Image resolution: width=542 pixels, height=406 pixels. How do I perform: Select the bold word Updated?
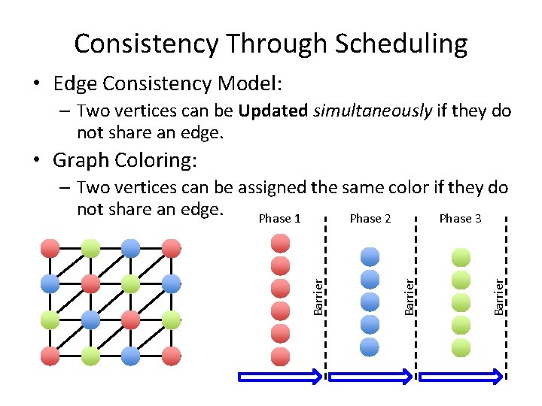pyautogui.click(x=273, y=111)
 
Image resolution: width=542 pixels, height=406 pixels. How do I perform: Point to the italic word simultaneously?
pyautogui.click(x=372, y=111)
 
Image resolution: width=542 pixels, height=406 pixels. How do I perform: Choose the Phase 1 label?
pyautogui.click(x=279, y=218)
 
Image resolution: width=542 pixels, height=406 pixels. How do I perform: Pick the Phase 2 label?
pyautogui.click(x=370, y=218)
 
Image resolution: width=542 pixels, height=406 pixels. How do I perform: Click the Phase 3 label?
pyautogui.click(x=460, y=218)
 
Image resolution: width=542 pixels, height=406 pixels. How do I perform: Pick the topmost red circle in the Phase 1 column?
pyautogui.click(x=280, y=243)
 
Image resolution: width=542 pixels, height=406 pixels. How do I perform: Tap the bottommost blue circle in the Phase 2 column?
pyautogui.click(x=370, y=347)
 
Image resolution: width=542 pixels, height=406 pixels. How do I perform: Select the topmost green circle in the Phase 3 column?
pyautogui.click(x=460, y=258)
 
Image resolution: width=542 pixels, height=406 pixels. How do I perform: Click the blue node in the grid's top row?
pyautogui.click(x=130, y=247)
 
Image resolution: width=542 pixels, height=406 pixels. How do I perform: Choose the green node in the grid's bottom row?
pyautogui.click(x=90, y=356)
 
